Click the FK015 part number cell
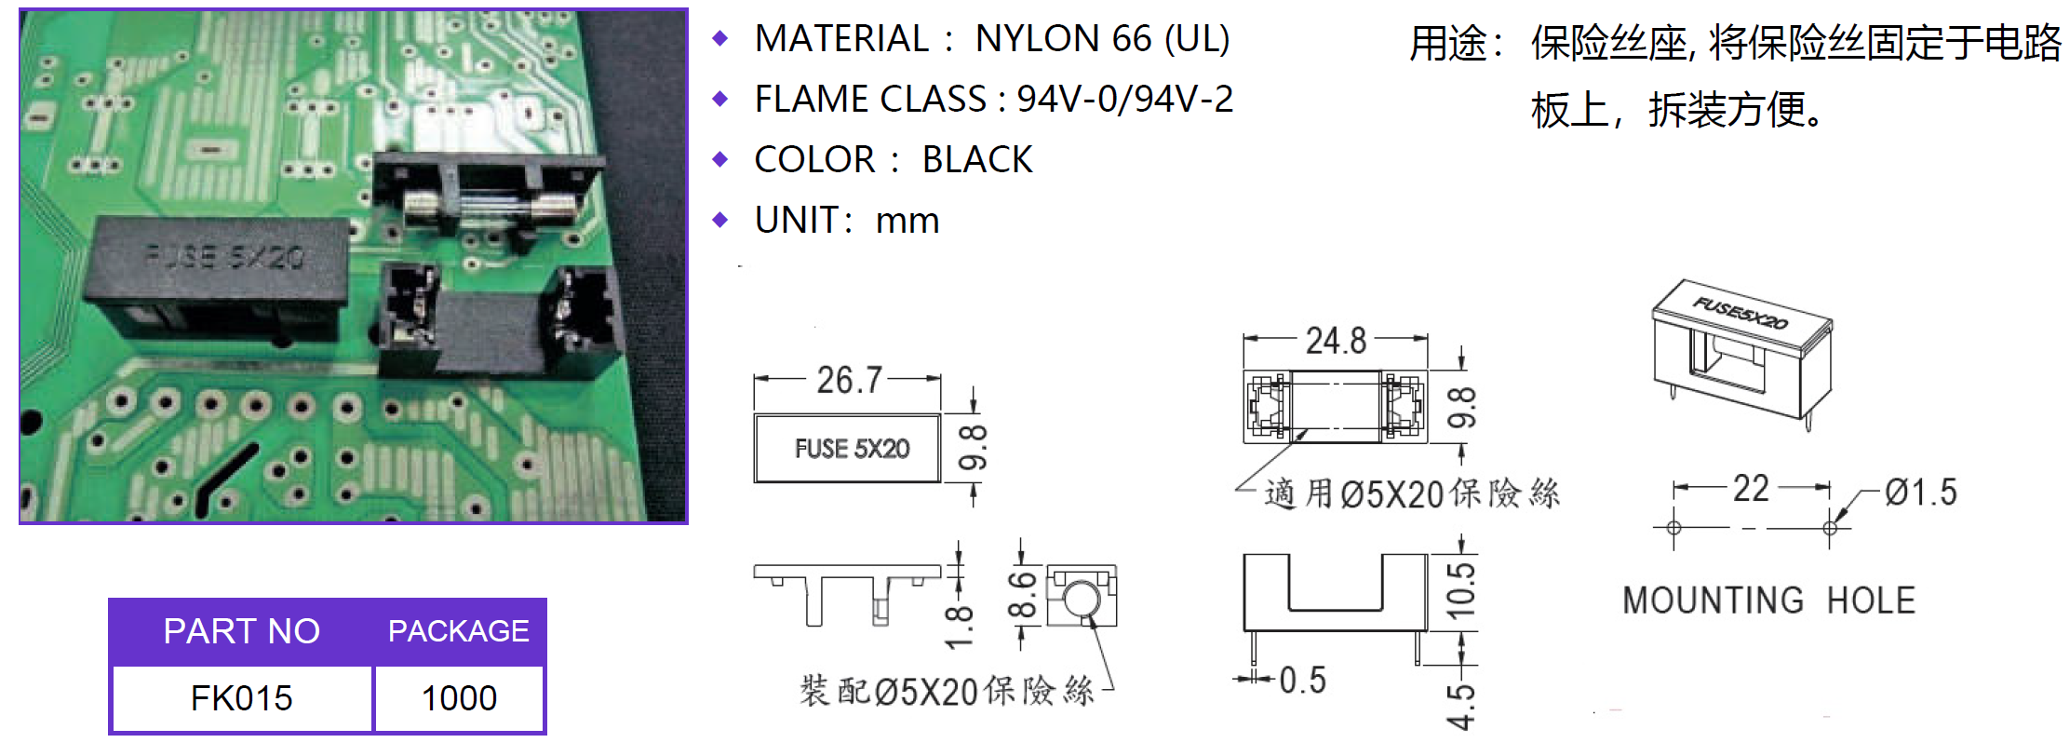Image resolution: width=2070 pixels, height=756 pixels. tap(241, 698)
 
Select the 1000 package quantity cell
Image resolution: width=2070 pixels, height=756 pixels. tap(459, 698)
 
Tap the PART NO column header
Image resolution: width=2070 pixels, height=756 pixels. tap(241, 631)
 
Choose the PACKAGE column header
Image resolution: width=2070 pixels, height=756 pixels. tap(459, 631)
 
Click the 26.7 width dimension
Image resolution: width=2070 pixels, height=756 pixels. tap(849, 380)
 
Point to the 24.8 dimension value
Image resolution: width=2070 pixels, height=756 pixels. tap(1336, 341)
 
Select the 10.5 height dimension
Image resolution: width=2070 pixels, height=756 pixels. tap(1460, 590)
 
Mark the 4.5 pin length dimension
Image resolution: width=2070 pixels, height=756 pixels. tap(1460, 706)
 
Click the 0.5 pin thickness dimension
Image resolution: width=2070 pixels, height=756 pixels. tap(1302, 681)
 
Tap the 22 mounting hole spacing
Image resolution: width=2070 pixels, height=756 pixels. tap(1750, 489)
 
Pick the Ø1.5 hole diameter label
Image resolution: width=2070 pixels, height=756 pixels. tap(1921, 492)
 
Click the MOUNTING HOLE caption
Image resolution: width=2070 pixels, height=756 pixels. tap(1768, 601)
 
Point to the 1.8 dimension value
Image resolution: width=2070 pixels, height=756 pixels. tap(959, 627)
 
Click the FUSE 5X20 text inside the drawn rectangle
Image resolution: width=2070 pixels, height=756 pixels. tap(852, 449)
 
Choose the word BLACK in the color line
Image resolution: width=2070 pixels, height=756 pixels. tap(977, 160)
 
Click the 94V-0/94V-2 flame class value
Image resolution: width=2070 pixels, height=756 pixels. tap(1124, 100)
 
